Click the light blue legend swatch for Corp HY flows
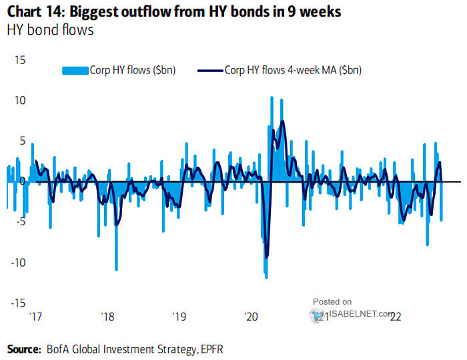pos(75,69)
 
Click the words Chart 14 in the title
pos(34,12)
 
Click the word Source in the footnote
pos(24,348)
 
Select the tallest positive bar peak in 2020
pos(272,97)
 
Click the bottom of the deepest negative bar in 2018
pos(116,269)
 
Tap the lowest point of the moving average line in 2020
pos(267,257)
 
